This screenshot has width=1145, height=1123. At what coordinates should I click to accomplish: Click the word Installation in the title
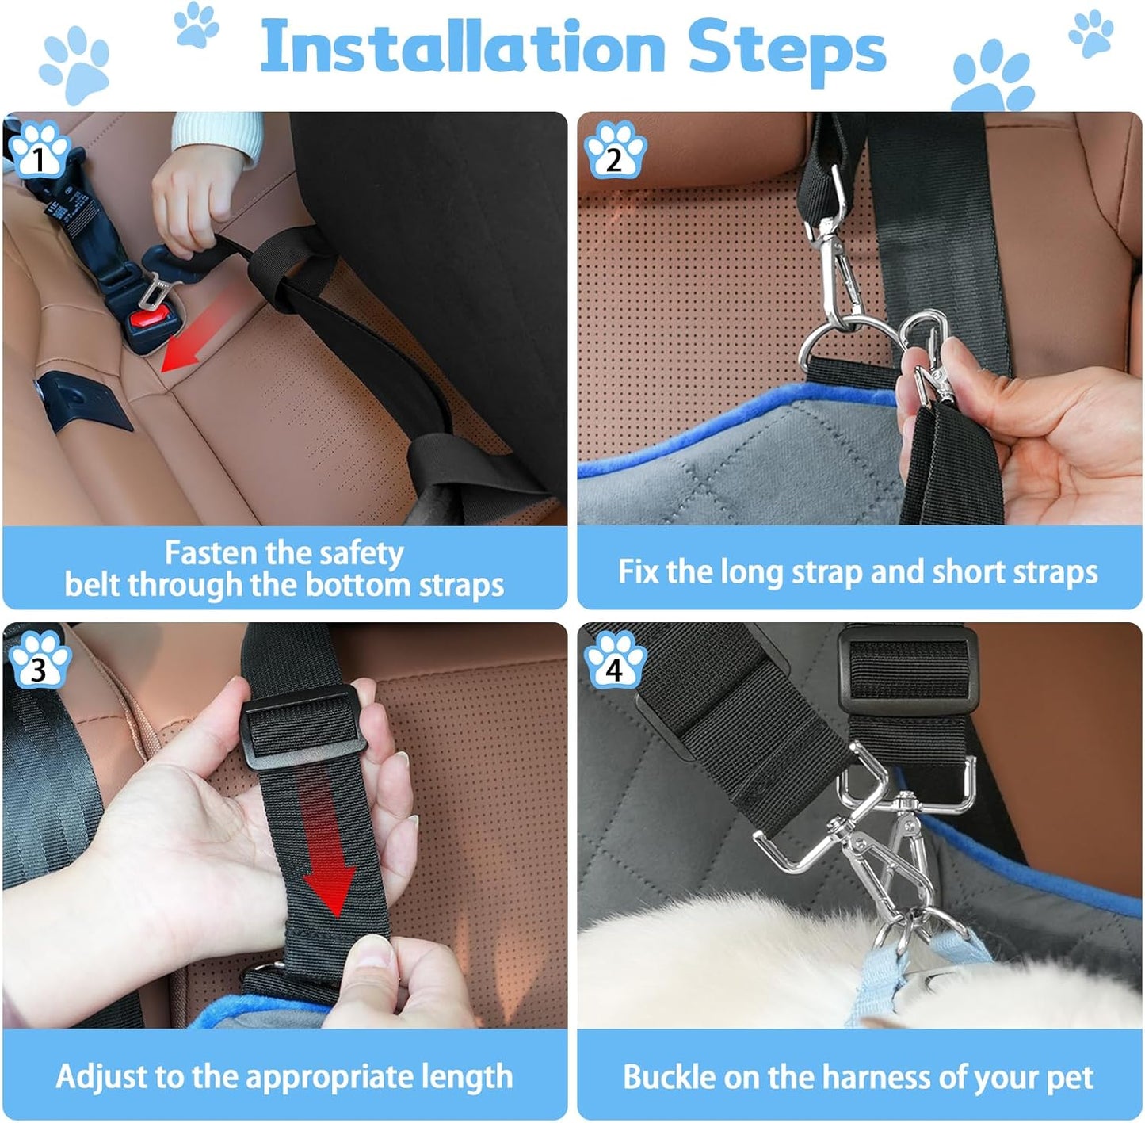coord(462,48)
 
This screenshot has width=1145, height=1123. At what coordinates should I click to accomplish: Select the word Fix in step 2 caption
coord(639,572)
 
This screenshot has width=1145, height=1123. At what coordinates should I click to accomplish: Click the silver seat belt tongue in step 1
coord(156,288)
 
